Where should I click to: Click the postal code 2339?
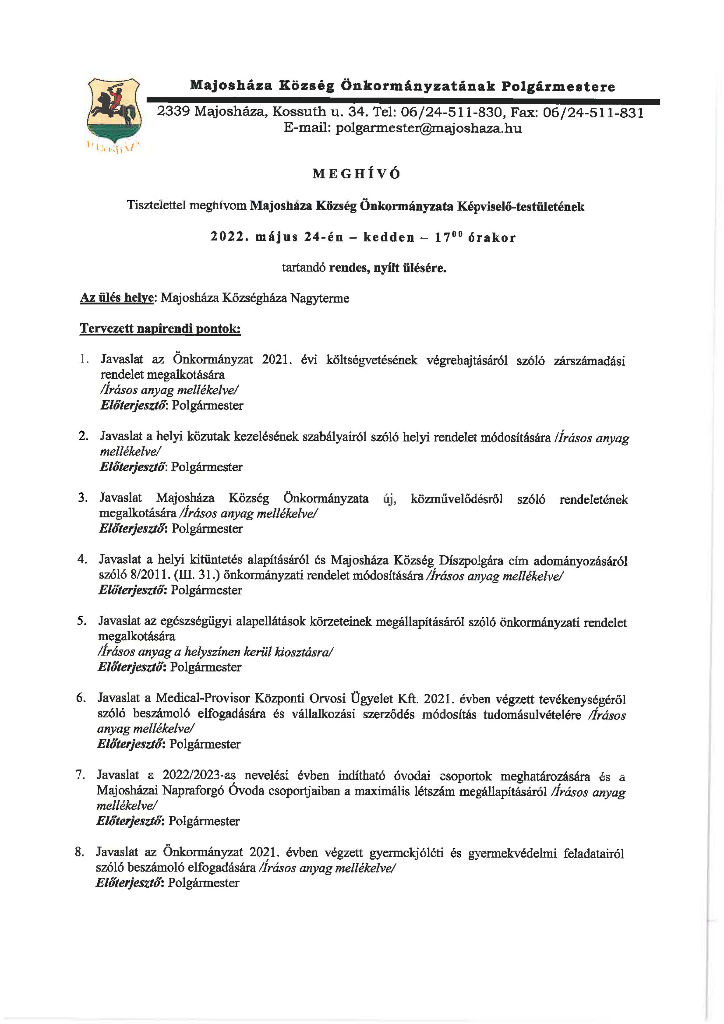click(x=173, y=112)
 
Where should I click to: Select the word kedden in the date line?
click(x=389, y=237)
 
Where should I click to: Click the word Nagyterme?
click(x=320, y=298)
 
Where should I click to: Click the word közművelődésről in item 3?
click(x=457, y=499)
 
